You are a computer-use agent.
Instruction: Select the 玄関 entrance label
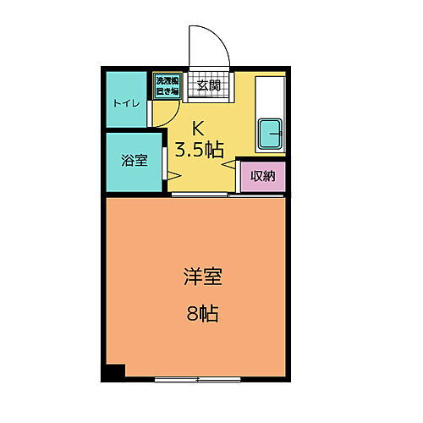point(208,85)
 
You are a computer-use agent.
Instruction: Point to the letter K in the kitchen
point(199,129)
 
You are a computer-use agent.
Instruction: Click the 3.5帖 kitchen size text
point(200,151)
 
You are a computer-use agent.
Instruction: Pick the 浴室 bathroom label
point(135,160)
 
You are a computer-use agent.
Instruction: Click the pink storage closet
point(261,176)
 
